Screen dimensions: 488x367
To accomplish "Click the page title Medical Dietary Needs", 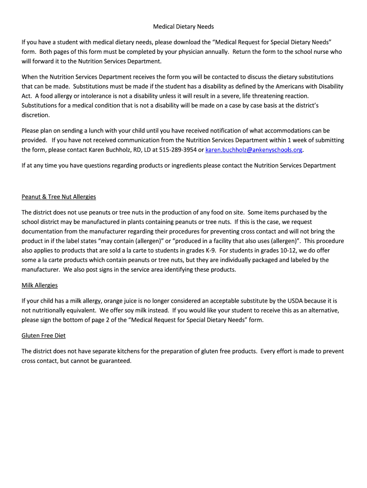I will tap(183, 27).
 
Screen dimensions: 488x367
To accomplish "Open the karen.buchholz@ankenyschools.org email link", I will tap(254, 150).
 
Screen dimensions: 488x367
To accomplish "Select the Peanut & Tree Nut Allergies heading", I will tap(59, 197).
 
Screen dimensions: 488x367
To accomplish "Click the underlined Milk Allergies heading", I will tap(40, 285).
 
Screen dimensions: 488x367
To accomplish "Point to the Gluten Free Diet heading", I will tap(43, 335).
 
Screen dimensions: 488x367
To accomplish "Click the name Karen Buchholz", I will tap(109, 150).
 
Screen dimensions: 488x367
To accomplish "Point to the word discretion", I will tap(35, 115).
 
